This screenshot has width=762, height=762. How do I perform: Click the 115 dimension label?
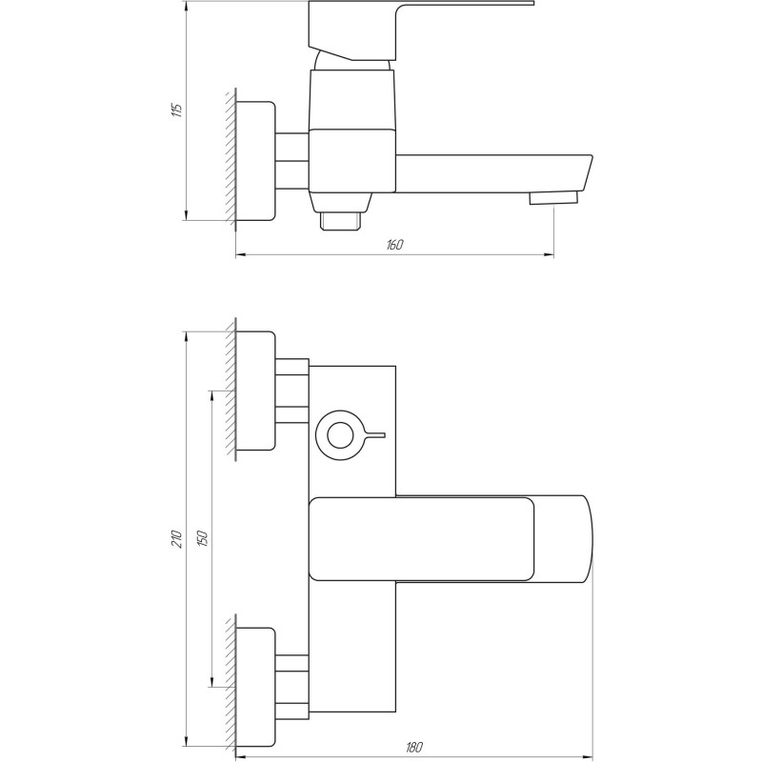(x=178, y=110)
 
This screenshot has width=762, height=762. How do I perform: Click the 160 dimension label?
(x=395, y=245)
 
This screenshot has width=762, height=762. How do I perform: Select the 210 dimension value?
(x=177, y=539)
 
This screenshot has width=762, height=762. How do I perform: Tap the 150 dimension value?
(x=203, y=538)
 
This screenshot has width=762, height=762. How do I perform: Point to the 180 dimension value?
(x=414, y=747)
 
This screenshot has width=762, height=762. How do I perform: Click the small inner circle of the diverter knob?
(x=340, y=435)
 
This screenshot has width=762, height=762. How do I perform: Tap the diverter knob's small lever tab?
(x=373, y=435)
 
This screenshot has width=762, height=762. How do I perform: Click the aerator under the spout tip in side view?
(x=553, y=198)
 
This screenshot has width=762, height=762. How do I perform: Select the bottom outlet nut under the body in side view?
(x=341, y=221)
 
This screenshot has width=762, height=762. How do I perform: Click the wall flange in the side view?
(x=255, y=161)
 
